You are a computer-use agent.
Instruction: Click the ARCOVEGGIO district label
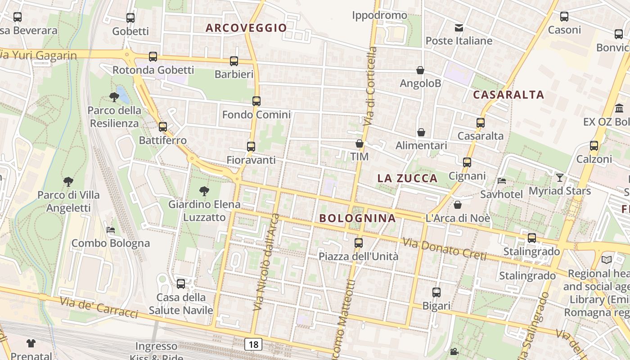246,28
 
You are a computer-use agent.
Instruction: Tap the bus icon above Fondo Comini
256,101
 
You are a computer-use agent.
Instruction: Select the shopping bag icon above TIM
359,144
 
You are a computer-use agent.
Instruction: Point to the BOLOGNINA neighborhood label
358,218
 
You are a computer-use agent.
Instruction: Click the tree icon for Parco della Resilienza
114,97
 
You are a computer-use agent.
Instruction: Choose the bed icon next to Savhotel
502,181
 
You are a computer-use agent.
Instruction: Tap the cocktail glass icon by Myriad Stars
559,178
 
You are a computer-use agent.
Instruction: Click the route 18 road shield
253,345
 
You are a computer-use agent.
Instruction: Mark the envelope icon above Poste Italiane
459,28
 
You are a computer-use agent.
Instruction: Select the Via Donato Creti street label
445,249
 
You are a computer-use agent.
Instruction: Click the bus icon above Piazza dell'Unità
359,243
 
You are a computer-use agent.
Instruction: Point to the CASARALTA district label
508,95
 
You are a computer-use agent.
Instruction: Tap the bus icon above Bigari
436,292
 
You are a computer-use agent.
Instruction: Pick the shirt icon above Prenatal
31,343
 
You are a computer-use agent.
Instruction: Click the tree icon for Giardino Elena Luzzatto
204,191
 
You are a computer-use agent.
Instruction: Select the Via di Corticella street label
370,85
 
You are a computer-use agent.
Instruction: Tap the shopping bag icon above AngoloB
420,70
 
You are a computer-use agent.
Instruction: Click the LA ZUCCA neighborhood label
407,178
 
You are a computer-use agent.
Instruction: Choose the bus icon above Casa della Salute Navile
181,284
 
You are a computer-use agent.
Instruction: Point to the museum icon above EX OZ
619,108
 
